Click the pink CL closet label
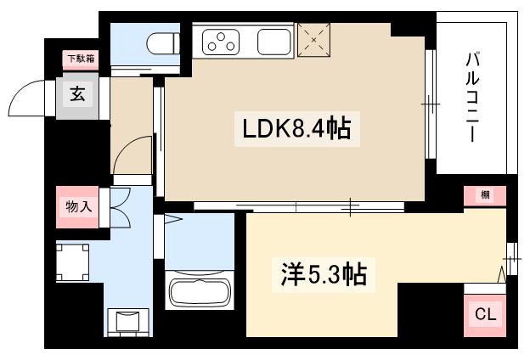[x=484, y=314]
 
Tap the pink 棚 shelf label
[x=484, y=195]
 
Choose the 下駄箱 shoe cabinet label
[x=82, y=59]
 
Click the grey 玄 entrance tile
[x=77, y=94]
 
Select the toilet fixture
[x=161, y=42]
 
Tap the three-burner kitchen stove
[x=224, y=41]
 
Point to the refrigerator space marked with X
[x=314, y=39]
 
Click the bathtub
[x=200, y=291]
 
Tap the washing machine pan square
[x=73, y=262]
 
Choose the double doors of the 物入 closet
[x=120, y=206]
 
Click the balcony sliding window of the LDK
[x=430, y=106]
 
